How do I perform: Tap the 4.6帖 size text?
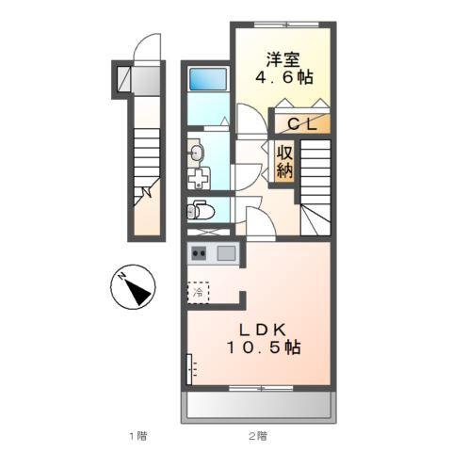pos(283,76)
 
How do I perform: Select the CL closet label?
pos(300,122)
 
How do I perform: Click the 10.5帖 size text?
pos(262,348)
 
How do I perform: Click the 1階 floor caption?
pos(137,435)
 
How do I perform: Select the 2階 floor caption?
pos(258,435)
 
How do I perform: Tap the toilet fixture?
pos(198,210)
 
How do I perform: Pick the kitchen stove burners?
pos(200,252)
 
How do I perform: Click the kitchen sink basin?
pos(226,252)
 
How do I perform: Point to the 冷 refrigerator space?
pos(199,293)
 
